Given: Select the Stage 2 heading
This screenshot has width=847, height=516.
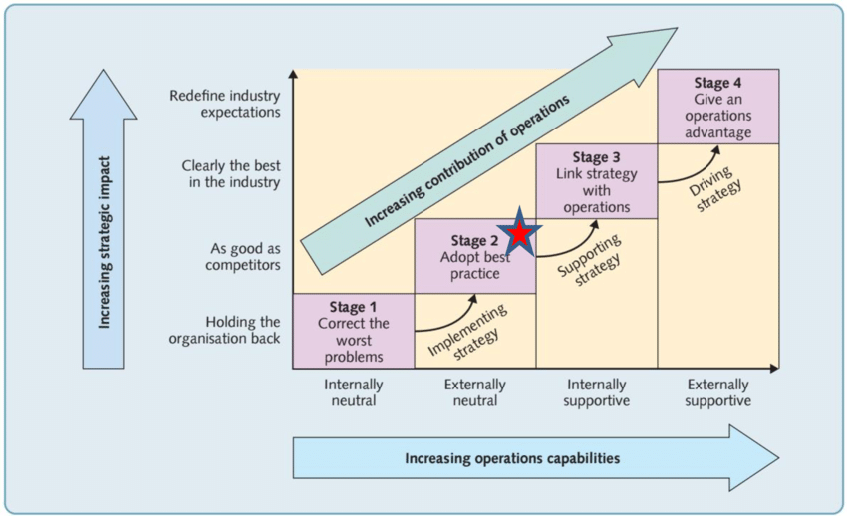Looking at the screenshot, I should pyautogui.click(x=475, y=240).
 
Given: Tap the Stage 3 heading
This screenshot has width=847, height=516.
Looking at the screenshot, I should pyautogui.click(x=597, y=157).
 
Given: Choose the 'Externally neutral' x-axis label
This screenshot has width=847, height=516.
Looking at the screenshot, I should pyautogui.click(x=474, y=392).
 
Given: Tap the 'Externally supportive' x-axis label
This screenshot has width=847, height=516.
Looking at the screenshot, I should pyautogui.click(x=719, y=392).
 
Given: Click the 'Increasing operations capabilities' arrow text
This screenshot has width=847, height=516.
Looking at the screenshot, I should pyautogui.click(x=512, y=458).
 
